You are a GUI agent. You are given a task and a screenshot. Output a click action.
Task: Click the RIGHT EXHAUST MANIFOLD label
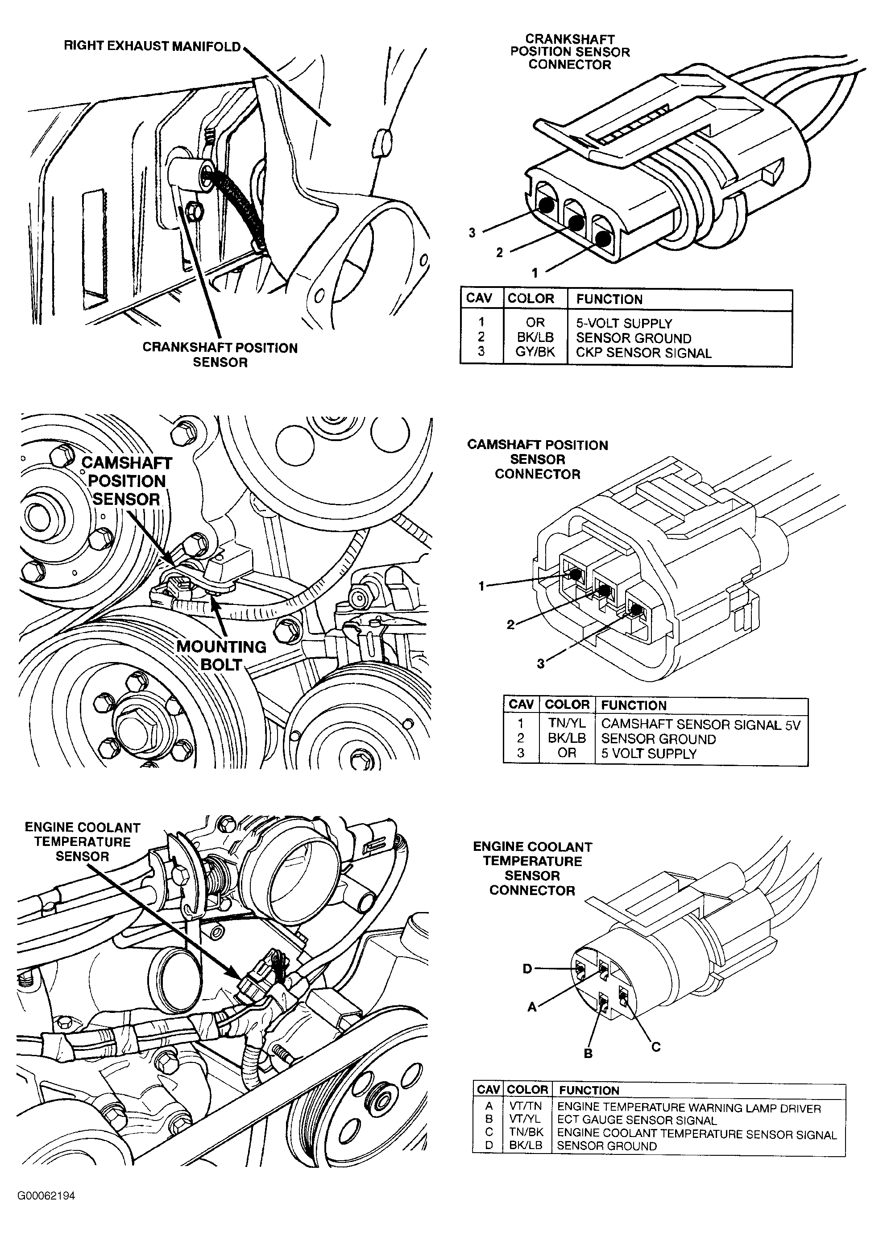pyautogui.click(x=152, y=46)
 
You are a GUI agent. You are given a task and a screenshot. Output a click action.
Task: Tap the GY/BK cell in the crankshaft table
pyautogui.click(x=535, y=352)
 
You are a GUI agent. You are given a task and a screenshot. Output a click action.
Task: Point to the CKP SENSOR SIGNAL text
pyautogui.click(x=643, y=353)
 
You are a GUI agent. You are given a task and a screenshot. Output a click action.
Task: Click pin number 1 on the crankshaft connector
pyautogui.click(x=534, y=272)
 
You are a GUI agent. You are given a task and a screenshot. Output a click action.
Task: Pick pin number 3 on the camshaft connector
pyautogui.click(x=541, y=664)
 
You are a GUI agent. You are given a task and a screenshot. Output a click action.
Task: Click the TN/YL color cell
pyautogui.click(x=567, y=724)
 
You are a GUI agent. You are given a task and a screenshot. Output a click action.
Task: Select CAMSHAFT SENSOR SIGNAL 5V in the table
pyautogui.click(x=701, y=724)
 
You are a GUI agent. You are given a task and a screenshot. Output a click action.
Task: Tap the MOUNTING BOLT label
pyautogui.click(x=221, y=655)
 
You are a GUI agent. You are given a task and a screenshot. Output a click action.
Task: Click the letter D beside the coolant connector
pyautogui.click(x=527, y=969)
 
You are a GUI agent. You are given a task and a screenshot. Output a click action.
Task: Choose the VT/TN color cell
pyautogui.click(x=526, y=1106)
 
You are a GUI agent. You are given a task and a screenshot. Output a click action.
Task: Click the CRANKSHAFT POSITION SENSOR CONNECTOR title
pyautogui.click(x=569, y=52)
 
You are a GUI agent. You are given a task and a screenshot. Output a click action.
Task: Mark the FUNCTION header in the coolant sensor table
pyautogui.click(x=589, y=1090)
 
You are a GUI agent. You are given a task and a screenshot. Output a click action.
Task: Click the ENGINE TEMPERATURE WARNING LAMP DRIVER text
pyautogui.click(x=688, y=1106)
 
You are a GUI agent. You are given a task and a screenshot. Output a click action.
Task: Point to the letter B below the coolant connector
pyautogui.click(x=588, y=1054)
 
